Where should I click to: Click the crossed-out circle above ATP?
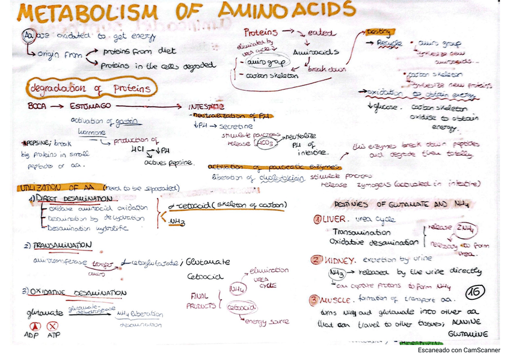click(52, 325)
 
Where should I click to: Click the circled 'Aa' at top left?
click(28, 37)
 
